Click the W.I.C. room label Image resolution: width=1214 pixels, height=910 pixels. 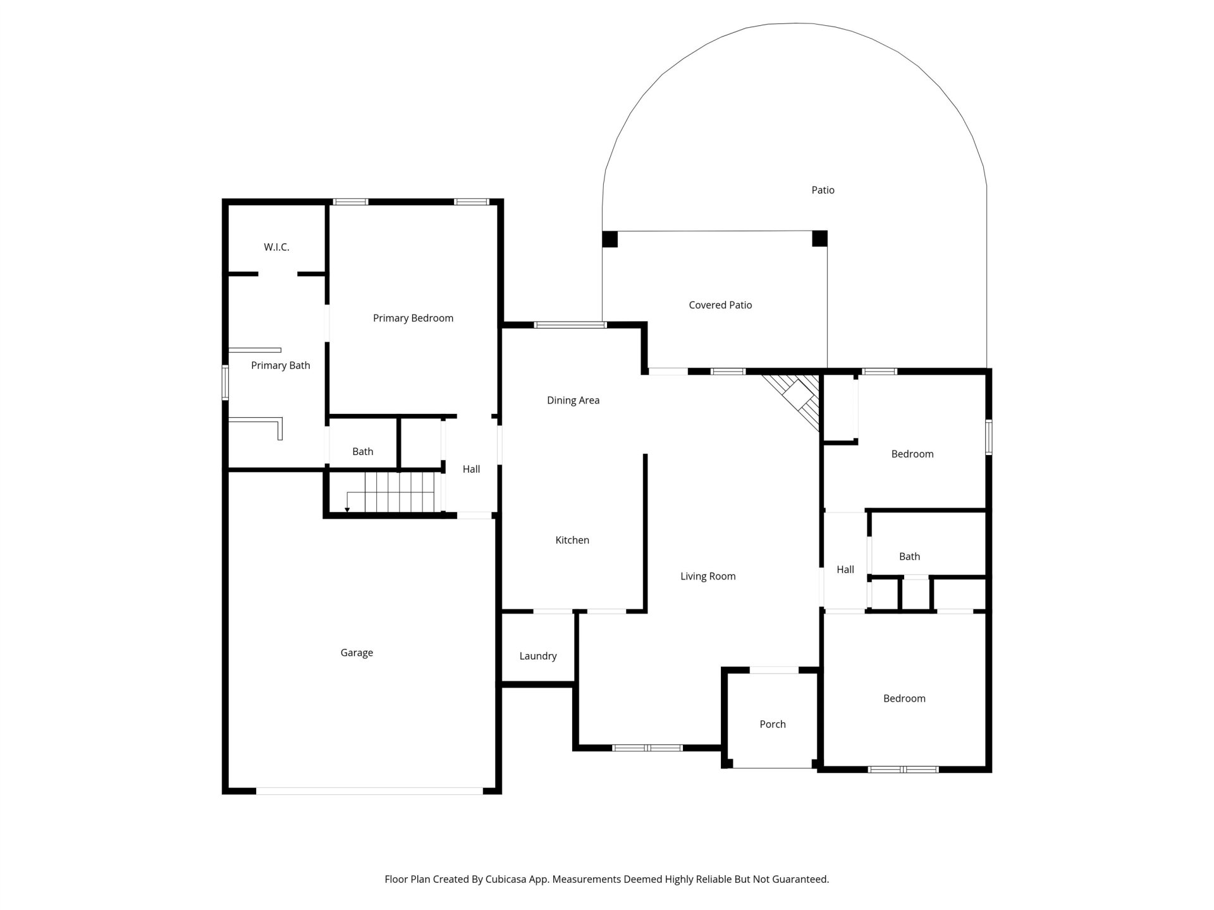coord(276,247)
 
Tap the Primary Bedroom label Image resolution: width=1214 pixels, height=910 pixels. coord(413,318)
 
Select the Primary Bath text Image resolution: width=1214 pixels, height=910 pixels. coord(280,365)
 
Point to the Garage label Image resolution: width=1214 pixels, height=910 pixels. coord(357,653)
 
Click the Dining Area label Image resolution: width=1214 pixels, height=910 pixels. coord(573,400)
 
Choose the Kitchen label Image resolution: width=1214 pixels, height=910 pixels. coord(572,540)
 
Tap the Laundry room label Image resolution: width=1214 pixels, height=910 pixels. coord(538,656)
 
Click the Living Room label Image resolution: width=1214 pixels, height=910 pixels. coord(708,576)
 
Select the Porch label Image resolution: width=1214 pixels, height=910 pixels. coord(773,724)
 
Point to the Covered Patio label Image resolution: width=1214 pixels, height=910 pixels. coord(720,305)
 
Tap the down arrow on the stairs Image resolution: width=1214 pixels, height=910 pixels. coord(347,509)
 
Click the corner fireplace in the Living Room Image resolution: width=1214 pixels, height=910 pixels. coord(794,399)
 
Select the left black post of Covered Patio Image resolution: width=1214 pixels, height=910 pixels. coord(610,239)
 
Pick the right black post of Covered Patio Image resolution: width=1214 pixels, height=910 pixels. coord(819,239)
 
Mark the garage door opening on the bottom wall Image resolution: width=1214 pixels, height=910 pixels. coord(369,791)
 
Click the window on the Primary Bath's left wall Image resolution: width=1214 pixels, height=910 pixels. coord(225,382)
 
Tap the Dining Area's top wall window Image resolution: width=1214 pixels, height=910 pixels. coord(570,325)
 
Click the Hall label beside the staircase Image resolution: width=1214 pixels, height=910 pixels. coord(471,469)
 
